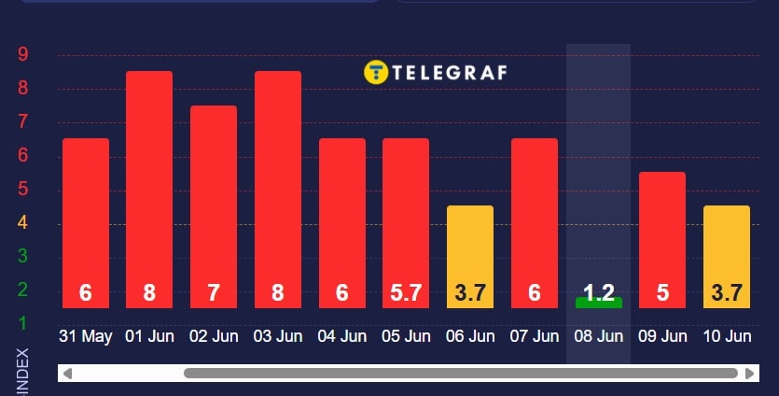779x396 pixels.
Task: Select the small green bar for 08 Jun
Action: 598,302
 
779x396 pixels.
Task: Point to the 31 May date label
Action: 85,336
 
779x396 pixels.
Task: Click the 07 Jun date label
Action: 534,336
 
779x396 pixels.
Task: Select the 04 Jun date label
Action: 341,336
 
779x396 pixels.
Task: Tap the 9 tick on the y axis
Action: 23,54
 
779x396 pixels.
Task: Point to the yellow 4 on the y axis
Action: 23,222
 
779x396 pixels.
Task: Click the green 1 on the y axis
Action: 23,323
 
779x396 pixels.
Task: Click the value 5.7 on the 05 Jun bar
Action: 406,293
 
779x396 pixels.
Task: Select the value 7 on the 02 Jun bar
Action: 214,293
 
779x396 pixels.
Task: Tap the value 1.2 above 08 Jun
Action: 598,292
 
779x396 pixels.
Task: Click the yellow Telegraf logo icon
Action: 375,72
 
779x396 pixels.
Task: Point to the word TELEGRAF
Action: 449,72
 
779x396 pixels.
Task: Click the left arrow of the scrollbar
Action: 67,374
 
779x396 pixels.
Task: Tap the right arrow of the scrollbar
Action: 750,374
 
